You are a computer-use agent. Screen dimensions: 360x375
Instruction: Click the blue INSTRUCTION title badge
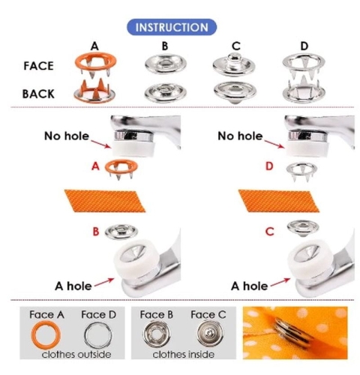172,27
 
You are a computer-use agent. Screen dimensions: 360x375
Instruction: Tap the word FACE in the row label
38,66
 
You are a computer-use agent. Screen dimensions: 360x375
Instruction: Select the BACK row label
38,94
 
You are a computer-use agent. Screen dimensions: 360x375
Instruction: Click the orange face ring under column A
96,56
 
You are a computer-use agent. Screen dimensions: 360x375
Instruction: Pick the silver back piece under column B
166,92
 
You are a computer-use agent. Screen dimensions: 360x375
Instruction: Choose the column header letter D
304,46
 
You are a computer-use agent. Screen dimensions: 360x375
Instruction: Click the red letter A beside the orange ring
95,166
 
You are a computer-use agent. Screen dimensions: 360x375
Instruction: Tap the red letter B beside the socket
96,232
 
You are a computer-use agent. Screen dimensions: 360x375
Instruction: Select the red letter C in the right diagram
269,232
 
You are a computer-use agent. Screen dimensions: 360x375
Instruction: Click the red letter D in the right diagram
269,166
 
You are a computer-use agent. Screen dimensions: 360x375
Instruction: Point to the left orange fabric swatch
105,201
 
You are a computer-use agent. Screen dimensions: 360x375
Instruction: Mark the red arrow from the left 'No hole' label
101,144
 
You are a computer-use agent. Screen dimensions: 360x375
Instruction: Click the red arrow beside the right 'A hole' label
280,282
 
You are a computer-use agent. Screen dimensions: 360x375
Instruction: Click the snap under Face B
156,334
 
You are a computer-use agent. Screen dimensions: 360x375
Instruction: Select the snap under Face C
210,333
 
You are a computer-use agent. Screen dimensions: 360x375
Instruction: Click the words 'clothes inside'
184,354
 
